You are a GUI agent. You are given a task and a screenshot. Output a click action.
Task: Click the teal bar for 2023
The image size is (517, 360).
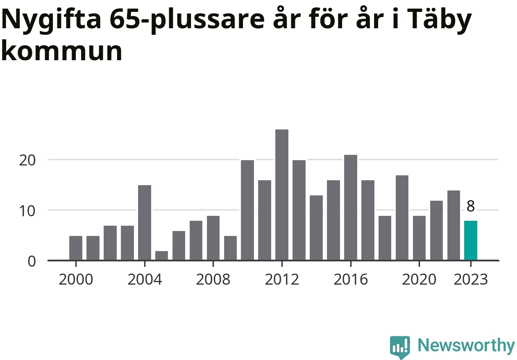[x=470, y=240]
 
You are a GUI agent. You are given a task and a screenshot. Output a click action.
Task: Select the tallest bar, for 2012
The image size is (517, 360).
[x=282, y=195]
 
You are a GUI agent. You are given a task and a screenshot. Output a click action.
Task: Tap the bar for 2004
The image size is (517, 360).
[x=145, y=223]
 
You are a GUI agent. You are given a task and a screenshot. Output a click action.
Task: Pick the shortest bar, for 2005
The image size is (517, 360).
[x=161, y=256]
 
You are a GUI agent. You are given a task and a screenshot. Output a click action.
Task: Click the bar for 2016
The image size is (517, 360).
[x=351, y=208]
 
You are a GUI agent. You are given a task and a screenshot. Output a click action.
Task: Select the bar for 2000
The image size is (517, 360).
[x=76, y=248]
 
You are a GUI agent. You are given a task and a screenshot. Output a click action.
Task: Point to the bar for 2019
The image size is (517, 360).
[x=402, y=218]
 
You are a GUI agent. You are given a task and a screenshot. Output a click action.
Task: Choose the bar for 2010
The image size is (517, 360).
[x=247, y=210]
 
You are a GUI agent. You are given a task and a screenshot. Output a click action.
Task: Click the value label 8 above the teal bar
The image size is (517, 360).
[x=471, y=206]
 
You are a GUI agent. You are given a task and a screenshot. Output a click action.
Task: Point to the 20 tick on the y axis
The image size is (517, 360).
[x=28, y=160]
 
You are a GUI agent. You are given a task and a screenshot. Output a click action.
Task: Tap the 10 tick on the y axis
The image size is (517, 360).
[x=28, y=211]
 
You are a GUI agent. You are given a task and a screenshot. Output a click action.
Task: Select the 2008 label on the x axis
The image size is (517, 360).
[x=213, y=280]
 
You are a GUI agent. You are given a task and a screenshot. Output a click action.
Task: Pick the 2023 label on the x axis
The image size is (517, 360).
[x=471, y=280]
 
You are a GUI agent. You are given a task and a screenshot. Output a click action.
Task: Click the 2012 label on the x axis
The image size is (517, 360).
[x=282, y=280]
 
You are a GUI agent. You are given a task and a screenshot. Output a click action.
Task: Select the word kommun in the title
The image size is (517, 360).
[x=62, y=52]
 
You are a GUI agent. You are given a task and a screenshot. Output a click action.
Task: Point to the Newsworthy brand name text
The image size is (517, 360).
[x=466, y=346]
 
